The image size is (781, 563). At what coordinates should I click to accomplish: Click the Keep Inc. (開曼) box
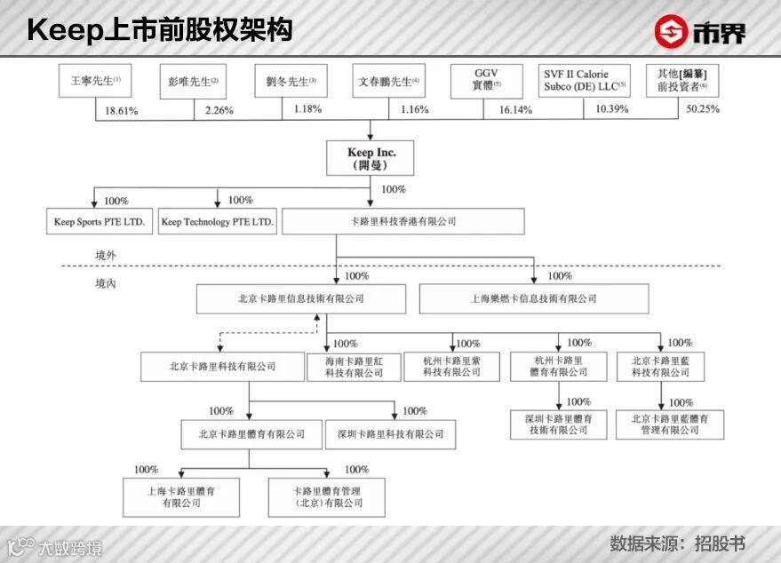coord(371,159)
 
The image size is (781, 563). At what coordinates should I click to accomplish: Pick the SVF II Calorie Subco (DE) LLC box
coord(586,81)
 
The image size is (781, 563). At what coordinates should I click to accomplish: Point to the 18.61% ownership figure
coord(123,109)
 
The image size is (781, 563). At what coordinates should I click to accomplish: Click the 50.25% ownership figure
coord(702,109)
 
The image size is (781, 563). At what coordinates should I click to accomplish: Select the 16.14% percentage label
coord(514,109)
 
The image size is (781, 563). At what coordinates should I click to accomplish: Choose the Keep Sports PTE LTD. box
coord(100,222)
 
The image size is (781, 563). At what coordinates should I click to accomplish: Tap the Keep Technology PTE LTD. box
coord(218,222)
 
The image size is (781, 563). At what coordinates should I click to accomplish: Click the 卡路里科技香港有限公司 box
coord(402,222)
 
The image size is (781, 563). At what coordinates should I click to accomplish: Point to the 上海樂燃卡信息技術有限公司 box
coord(534,299)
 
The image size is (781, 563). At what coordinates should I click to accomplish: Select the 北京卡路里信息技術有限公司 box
coord(300,299)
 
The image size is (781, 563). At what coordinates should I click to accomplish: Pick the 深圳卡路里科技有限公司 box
coord(390,434)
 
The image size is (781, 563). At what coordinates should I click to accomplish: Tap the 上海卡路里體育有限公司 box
coord(181,496)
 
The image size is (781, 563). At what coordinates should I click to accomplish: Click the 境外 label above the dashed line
coord(106,255)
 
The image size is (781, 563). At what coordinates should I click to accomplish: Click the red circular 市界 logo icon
coord(673,31)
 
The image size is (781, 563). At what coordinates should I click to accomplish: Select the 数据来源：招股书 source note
coord(676,543)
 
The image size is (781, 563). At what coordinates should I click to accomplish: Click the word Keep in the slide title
coord(64,30)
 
